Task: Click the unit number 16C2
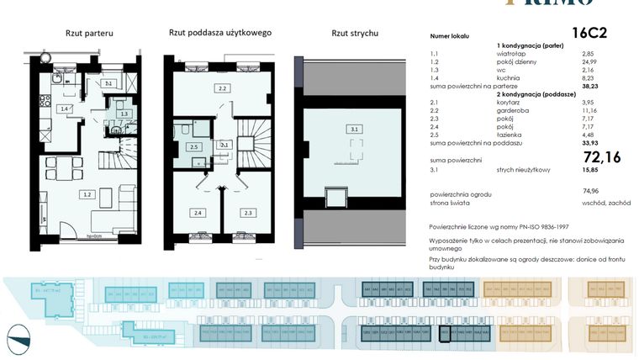590,34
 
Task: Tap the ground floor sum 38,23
594,86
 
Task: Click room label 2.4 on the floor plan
198,213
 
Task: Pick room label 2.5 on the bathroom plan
194,147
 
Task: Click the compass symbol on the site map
18,341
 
